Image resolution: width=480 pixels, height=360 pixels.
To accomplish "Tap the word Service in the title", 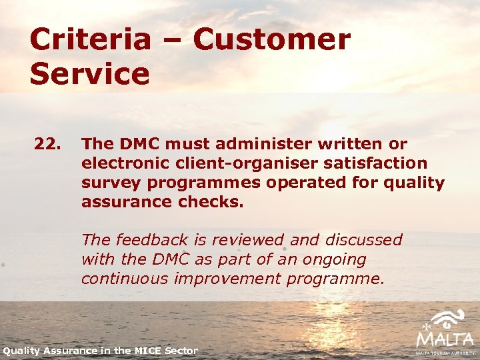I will (x=89, y=74).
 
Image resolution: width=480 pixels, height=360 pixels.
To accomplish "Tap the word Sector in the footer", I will (x=182, y=351).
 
